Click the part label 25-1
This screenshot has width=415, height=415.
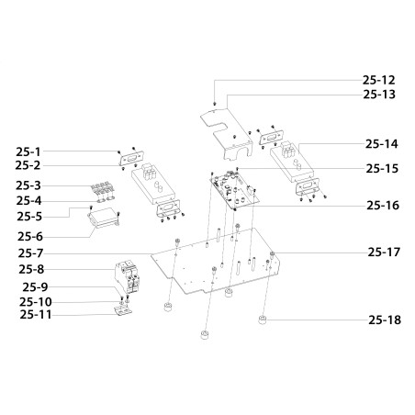tap(28, 151)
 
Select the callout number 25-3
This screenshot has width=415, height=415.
tap(28, 185)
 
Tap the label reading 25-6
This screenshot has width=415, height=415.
tap(30, 237)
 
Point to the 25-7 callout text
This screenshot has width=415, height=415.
tap(30, 253)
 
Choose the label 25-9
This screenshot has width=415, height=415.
tap(35, 287)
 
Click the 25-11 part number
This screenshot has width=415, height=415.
tap(36, 315)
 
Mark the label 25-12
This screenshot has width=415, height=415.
tap(379, 80)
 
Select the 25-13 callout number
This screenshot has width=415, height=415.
tap(379, 95)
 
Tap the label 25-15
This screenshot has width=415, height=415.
tap(382, 169)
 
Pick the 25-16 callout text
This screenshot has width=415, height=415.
tap(383, 206)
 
